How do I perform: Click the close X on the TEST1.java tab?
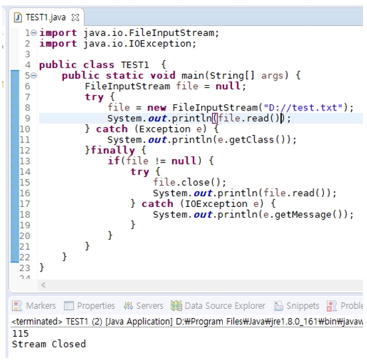(x=75, y=17)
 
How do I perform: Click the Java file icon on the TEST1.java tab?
(x=18, y=17)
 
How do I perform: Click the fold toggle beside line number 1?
(x=34, y=33)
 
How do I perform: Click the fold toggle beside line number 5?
(x=34, y=75)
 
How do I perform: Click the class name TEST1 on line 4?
(x=135, y=65)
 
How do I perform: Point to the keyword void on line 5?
(x=163, y=76)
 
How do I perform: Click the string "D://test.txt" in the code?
(x=303, y=108)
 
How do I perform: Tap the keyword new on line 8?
(x=157, y=108)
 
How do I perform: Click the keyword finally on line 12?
(x=112, y=150)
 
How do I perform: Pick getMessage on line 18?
(x=303, y=214)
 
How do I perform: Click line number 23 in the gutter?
(x=25, y=268)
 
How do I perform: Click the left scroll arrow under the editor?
(x=43, y=285)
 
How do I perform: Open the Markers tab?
(x=34, y=305)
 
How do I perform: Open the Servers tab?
(x=143, y=305)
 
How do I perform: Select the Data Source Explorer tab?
(x=218, y=305)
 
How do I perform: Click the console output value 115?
(x=21, y=333)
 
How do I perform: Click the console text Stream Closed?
(x=49, y=344)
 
